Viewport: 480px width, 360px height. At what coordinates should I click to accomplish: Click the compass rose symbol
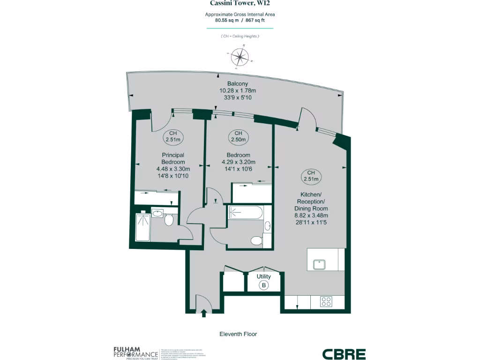coord(240,57)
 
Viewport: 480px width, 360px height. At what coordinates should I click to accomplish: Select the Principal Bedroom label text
coord(173,158)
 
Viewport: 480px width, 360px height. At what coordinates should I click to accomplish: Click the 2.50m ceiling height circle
coord(238,136)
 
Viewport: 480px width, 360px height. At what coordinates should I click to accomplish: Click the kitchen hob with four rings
coord(326,302)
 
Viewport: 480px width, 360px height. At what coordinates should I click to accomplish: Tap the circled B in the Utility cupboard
coord(264,285)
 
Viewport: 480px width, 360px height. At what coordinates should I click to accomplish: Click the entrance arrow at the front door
coord(204,313)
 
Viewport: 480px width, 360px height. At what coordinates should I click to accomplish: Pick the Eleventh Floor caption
coord(238,334)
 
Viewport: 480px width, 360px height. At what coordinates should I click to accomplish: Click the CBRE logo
coord(344,354)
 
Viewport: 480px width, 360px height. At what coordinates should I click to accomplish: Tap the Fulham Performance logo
coord(135,352)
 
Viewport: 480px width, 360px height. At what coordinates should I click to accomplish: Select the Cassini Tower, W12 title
coord(240,3)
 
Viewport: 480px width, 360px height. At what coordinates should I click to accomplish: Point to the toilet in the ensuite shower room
coord(170,220)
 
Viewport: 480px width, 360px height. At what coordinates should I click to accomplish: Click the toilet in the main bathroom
coord(256,241)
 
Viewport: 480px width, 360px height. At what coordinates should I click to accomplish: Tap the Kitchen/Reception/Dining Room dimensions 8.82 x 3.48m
coord(311,216)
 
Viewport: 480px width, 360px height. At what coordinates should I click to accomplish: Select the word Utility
coord(264,277)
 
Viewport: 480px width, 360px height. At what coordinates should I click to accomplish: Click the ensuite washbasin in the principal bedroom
coord(158,214)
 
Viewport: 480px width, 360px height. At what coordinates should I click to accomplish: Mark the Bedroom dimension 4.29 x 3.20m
coord(238,163)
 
